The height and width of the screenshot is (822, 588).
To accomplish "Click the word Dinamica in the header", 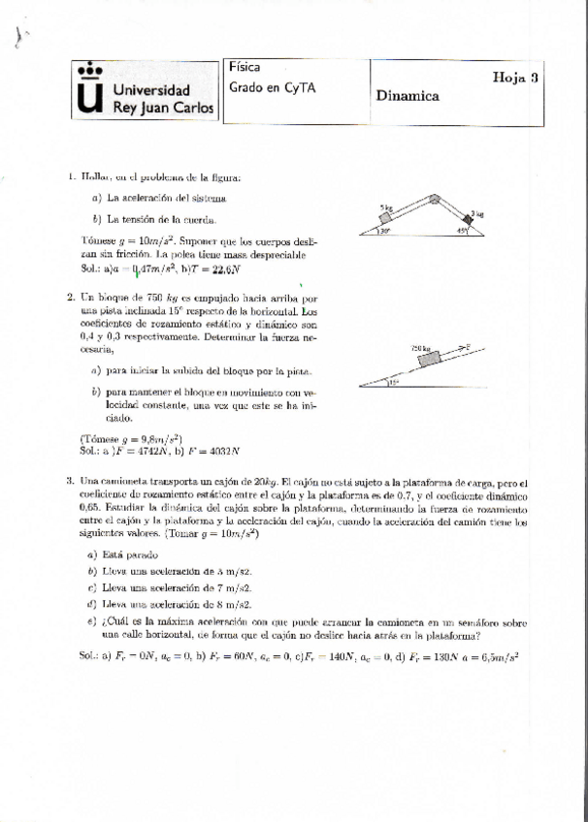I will [x=408, y=96].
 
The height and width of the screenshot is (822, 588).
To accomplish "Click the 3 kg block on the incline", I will [x=474, y=217].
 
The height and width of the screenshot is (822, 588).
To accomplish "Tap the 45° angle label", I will [x=464, y=231].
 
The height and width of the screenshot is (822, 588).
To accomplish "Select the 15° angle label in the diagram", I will [x=393, y=383].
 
